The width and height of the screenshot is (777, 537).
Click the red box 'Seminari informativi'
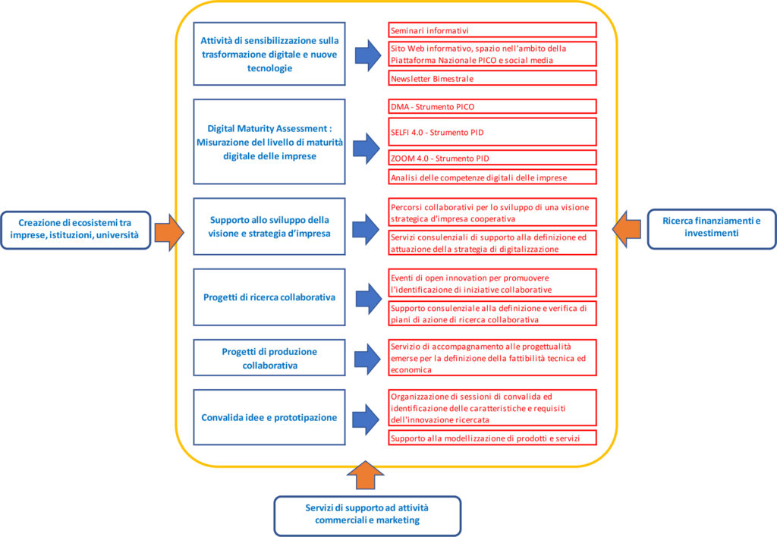coord(492,30)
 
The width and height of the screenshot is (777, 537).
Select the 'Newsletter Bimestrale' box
coord(492,78)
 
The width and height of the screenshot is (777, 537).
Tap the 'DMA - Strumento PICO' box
coord(492,107)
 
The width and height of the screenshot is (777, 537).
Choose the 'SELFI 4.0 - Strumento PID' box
coord(492,132)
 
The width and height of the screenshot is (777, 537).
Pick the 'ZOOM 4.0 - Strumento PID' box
coord(492,158)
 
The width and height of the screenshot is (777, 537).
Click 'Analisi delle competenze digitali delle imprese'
coord(492,177)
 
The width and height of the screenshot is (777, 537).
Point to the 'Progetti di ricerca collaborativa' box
coord(269,297)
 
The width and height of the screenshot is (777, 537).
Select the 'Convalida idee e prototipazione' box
coord(269,417)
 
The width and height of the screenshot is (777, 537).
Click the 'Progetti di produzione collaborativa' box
coord(269,358)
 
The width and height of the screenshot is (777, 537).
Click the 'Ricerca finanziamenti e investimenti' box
coord(711,229)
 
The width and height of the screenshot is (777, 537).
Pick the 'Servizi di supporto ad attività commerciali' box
coord(367,516)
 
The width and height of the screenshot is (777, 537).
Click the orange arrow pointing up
coord(366,476)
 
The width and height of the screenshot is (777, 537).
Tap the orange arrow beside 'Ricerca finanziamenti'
coord(627,229)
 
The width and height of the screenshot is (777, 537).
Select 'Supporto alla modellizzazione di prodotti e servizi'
coord(492,438)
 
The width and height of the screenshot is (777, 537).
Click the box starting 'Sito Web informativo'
coord(492,54)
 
